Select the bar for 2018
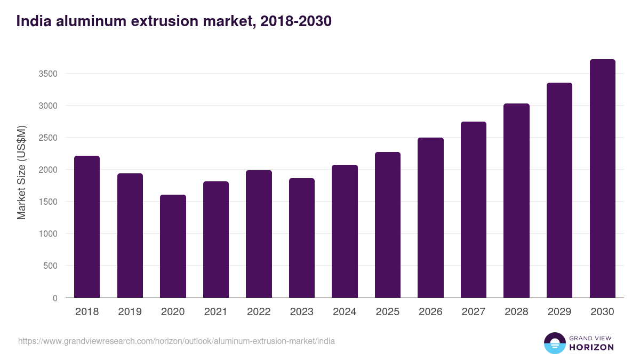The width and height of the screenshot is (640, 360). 87,227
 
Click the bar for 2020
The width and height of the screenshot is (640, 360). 173,246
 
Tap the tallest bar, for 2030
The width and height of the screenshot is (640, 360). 602,178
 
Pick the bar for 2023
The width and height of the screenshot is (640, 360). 302,238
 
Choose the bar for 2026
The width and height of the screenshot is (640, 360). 430,218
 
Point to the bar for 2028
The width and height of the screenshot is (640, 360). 516,201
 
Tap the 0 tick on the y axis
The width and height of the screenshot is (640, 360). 55,298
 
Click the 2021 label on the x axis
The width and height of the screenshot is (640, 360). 215,312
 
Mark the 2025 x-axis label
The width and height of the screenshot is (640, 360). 387,312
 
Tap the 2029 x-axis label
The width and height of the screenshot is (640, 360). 559,312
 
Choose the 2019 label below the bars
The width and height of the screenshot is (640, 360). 130,312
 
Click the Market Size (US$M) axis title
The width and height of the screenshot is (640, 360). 21,172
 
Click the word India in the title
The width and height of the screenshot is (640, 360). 33,21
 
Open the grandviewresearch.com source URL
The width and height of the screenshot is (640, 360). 177,341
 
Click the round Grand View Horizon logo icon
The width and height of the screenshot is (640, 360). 554,343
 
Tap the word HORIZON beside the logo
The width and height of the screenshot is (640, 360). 591,347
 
